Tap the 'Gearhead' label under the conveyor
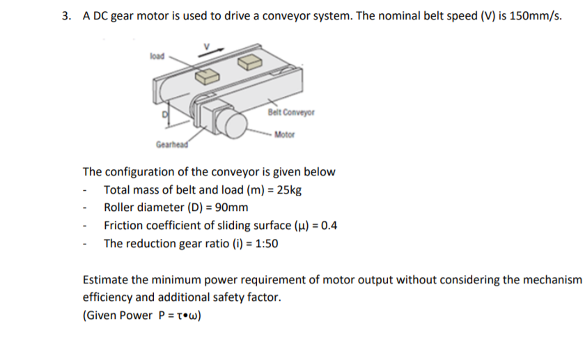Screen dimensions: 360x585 click(170, 144)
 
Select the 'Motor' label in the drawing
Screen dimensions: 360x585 click(286, 134)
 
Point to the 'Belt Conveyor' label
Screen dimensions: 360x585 click(291, 111)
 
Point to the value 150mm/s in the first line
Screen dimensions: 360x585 click(536, 17)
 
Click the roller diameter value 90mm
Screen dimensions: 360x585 click(229, 208)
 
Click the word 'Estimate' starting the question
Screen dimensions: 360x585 click(105, 279)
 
